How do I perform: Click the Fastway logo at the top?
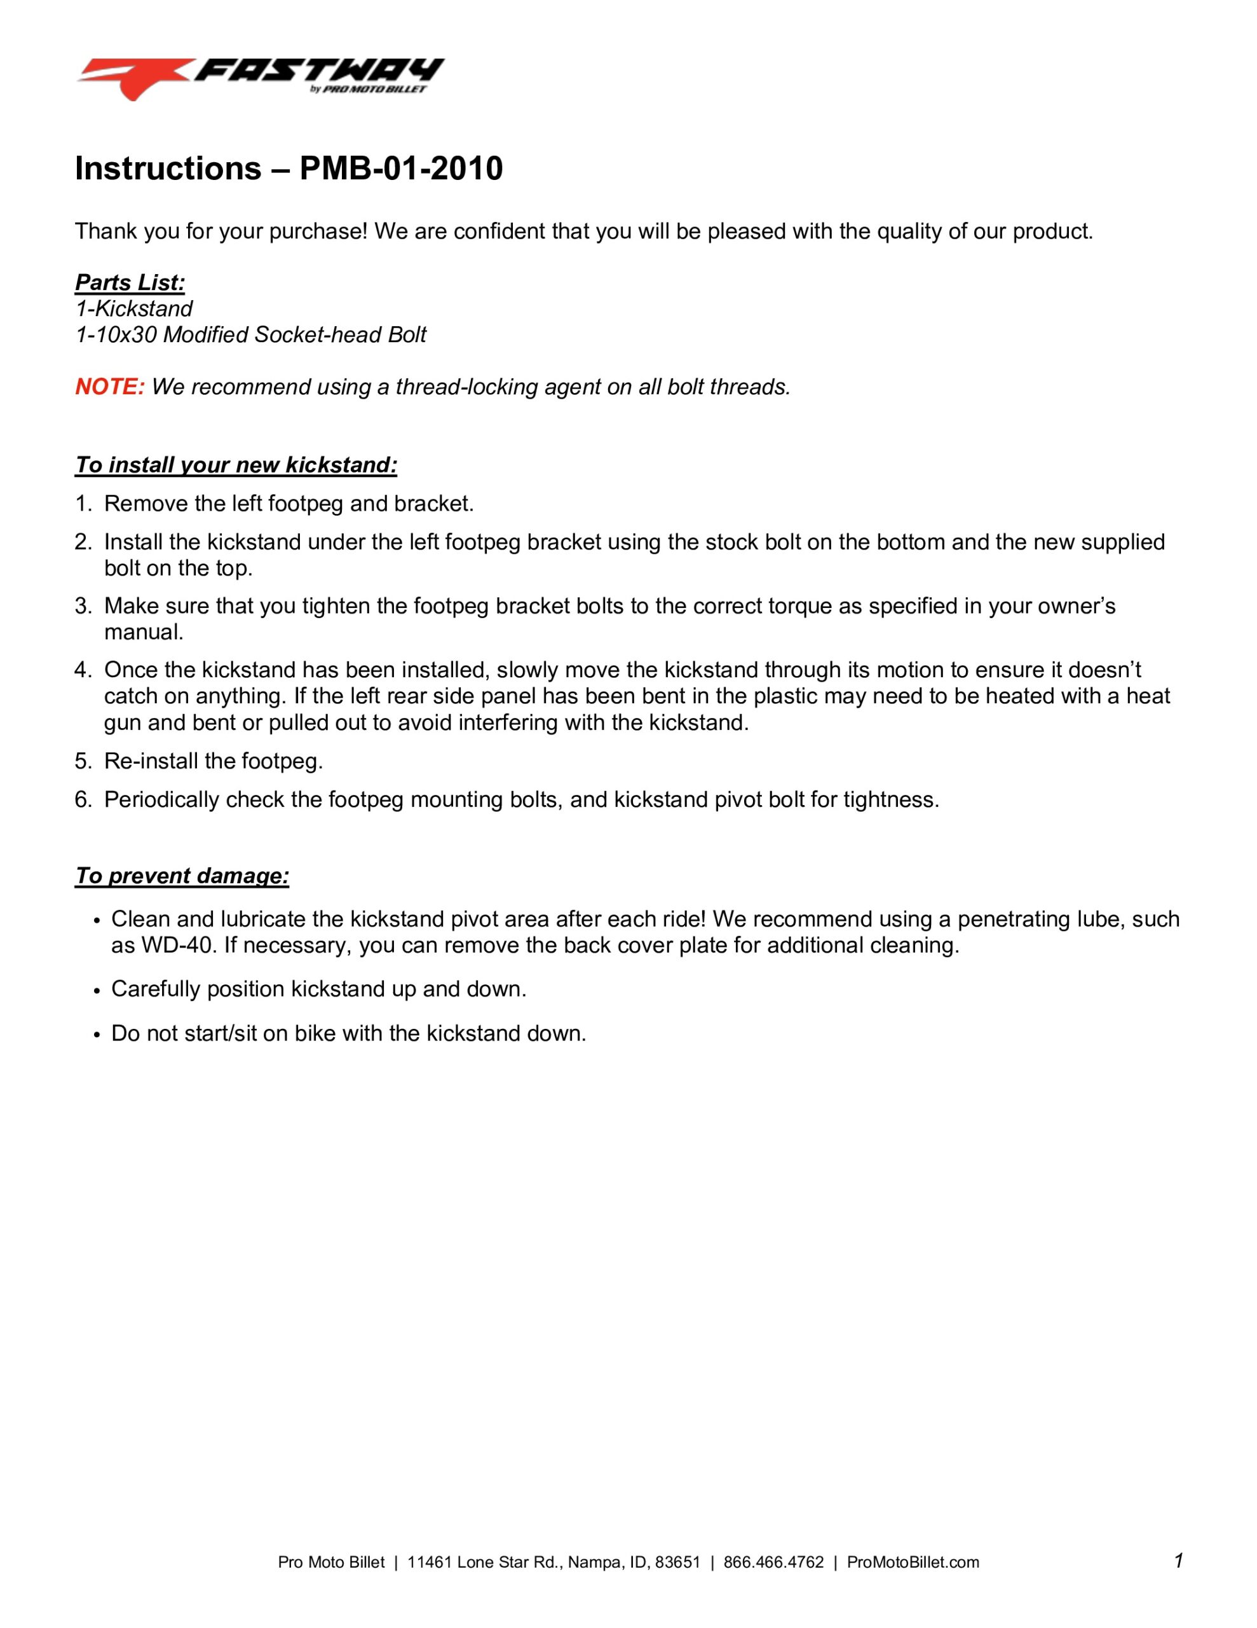261,78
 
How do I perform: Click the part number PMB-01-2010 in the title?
401,169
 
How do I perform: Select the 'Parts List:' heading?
130,282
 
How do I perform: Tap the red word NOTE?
109,387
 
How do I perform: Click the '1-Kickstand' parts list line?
134,308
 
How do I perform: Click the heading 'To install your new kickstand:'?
236,465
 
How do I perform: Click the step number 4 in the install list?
82,670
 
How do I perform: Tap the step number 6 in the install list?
82,800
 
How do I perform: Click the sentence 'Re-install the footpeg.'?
213,761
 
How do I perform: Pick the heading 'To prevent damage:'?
182,876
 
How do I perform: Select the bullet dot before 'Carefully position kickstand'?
97,991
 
